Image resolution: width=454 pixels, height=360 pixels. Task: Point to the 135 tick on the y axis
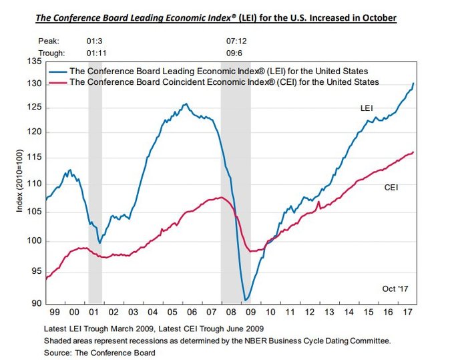point(33,61)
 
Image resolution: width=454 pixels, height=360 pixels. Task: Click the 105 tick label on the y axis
point(33,212)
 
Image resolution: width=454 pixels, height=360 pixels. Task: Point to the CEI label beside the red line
point(391,188)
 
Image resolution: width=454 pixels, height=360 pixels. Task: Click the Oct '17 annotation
point(395,289)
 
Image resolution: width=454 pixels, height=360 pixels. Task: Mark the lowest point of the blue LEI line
point(246,301)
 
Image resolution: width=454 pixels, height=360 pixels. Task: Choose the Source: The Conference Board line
point(99,351)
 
